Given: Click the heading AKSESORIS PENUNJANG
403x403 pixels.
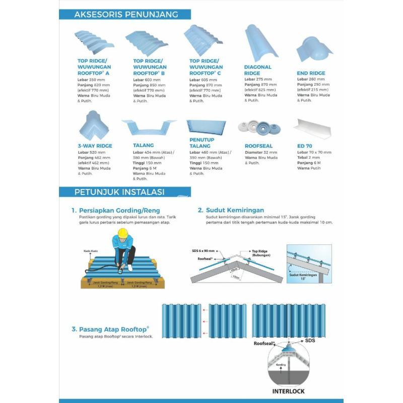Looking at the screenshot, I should click(x=125, y=14).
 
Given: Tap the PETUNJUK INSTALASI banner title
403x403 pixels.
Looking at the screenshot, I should click(x=119, y=192).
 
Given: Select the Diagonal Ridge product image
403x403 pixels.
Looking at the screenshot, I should click(x=261, y=43).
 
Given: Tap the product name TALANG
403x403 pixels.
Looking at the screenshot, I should click(x=144, y=146).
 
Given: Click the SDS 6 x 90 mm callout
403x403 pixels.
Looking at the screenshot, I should click(x=204, y=250).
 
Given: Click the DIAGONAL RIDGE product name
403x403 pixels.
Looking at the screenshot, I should click(x=258, y=70).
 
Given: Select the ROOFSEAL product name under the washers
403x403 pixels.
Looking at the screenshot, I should click(x=259, y=146).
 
